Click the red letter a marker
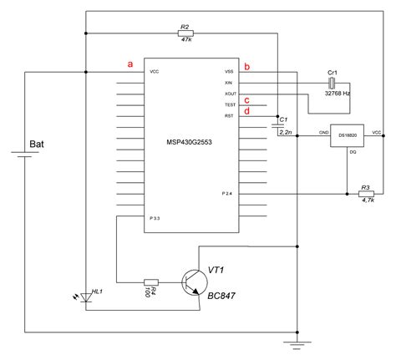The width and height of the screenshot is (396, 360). tap(129, 63)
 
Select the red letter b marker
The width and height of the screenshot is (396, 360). tap(246, 65)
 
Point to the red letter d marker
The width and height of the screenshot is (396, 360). tap(246, 111)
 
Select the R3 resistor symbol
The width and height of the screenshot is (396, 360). tap(364, 195)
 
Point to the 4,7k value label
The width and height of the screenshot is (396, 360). tap(365, 202)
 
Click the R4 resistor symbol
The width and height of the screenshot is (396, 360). tap(151, 281)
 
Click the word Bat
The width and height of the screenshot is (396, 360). tap(38, 145)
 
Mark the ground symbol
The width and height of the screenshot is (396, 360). tap(297, 342)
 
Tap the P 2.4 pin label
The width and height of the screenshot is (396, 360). tap(226, 194)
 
